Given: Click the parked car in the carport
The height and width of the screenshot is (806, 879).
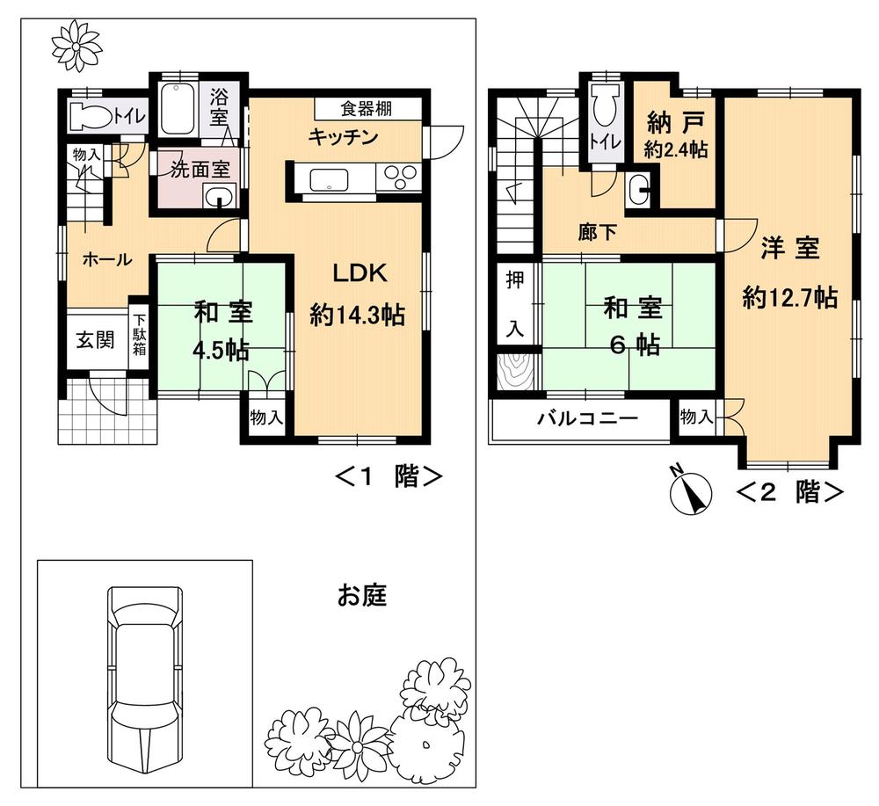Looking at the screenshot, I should tap(146, 677).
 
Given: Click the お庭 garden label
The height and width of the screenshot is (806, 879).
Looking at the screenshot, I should tap(362, 597).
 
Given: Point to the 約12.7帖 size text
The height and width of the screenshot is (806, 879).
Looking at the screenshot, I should tap(788, 298).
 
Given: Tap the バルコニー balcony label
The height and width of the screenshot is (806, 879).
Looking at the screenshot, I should tap(587, 418).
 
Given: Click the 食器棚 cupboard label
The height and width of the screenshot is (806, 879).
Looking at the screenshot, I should tap(367, 109).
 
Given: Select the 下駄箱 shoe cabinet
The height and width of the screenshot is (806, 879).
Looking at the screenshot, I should tap(140, 335).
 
